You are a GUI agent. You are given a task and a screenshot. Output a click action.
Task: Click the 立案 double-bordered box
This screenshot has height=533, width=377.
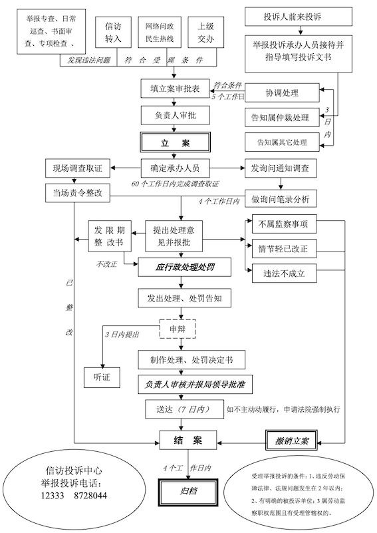pyautogui.click(x=176, y=142)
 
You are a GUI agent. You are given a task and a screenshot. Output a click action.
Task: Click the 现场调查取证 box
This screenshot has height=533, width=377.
pyautogui.click(x=78, y=166)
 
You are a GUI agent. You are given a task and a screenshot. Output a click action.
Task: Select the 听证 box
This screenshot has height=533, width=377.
pyautogui.click(x=101, y=377)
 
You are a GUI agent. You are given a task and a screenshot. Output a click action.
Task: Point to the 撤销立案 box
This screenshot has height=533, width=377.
pyautogui.click(x=288, y=440)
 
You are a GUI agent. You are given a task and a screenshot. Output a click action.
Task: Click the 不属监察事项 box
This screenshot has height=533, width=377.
pyautogui.click(x=283, y=224)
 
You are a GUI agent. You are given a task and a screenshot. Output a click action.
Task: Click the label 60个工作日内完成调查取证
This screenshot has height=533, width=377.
pyautogui.click(x=176, y=183)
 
